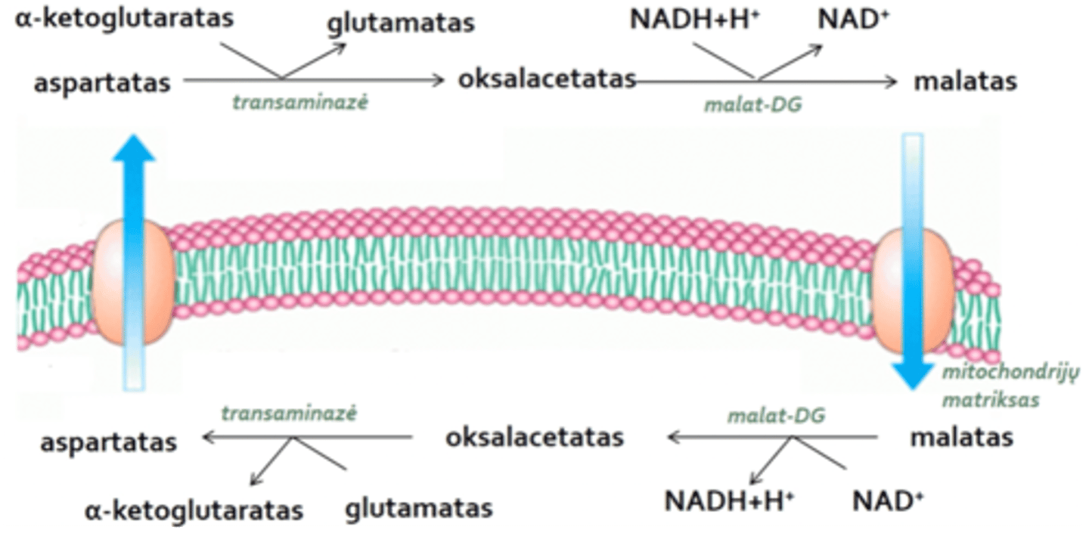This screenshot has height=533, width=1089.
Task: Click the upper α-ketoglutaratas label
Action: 124,18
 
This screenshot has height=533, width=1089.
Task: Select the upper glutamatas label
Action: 400,23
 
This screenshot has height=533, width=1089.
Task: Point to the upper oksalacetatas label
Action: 546,79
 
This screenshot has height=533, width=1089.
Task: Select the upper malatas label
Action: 966,81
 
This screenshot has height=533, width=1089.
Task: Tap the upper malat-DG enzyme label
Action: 752,106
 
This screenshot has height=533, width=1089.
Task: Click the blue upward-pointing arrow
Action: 133,189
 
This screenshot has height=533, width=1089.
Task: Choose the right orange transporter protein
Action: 913,291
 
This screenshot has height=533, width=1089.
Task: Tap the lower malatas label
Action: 961,437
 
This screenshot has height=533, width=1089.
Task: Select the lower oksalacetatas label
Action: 534,437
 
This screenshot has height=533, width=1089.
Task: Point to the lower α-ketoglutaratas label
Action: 194,510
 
